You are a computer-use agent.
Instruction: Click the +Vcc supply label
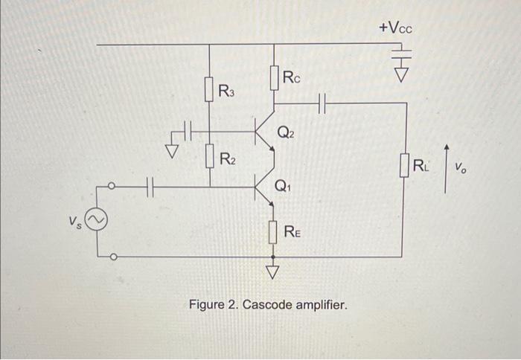click(x=394, y=28)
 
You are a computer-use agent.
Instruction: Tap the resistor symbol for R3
click(x=209, y=91)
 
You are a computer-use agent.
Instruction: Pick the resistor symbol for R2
click(x=209, y=158)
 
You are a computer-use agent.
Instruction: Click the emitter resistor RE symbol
click(x=275, y=231)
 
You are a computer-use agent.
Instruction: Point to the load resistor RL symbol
click(x=404, y=165)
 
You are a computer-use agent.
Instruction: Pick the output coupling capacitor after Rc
click(x=322, y=103)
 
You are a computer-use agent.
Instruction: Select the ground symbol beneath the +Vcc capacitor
click(x=402, y=74)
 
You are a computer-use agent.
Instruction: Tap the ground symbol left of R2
click(x=172, y=152)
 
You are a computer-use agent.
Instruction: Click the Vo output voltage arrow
click(x=446, y=169)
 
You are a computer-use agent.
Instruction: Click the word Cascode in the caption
click(x=266, y=305)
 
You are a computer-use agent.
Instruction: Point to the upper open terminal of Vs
click(x=112, y=187)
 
